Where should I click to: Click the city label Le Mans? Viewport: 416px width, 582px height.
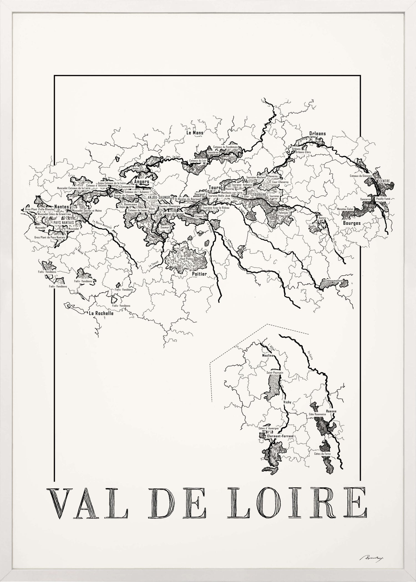point(195,133)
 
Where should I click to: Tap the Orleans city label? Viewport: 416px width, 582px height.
point(318,134)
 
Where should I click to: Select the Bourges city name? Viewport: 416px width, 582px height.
point(352,223)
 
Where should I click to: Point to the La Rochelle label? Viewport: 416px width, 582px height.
point(101,313)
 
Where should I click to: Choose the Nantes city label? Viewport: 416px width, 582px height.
point(62,207)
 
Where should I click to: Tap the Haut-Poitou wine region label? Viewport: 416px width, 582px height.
point(186,259)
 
